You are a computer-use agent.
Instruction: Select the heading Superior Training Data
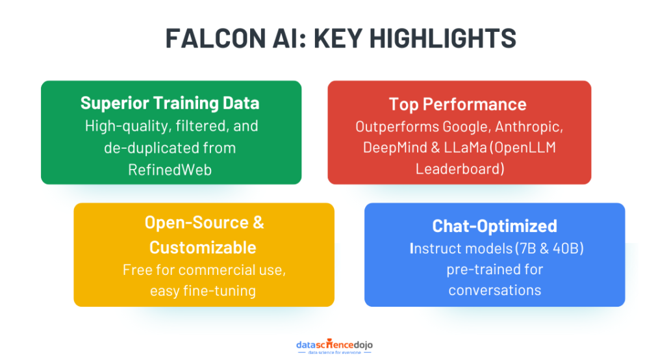point(170,103)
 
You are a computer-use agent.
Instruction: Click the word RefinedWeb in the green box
point(170,170)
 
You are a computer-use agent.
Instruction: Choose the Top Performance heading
point(458,104)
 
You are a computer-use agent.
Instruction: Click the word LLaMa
point(465,148)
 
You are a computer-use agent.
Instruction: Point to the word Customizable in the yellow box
point(203,248)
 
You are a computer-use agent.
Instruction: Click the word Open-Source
point(197,222)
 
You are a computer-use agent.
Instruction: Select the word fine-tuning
point(220,291)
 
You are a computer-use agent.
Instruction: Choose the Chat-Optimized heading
point(494,226)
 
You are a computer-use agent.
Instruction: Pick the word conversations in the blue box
point(494,290)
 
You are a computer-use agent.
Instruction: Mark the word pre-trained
point(494,270)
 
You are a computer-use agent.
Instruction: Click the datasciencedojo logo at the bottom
point(334,346)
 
